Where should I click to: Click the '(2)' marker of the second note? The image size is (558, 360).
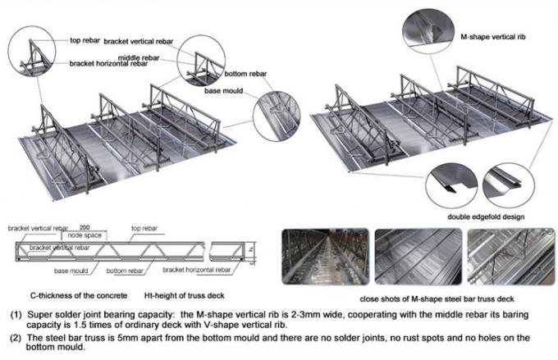coord(16,337)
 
